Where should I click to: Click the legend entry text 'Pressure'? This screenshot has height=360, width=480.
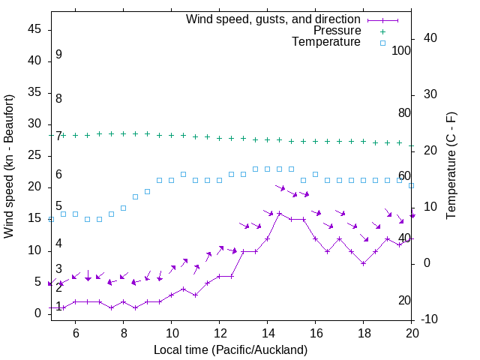(337, 31)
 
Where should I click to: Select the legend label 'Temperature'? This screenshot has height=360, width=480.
(326, 42)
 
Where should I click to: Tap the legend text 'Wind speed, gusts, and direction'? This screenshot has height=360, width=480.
(274, 19)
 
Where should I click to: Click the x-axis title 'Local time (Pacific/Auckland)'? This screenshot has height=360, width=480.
(230, 349)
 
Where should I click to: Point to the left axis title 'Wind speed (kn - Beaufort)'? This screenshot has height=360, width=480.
(9, 166)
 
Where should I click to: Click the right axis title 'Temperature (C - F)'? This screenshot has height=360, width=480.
(451, 166)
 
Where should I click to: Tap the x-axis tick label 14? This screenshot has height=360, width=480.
(267, 332)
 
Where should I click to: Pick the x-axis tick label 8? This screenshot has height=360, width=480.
(123, 332)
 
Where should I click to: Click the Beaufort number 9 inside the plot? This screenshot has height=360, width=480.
(58, 55)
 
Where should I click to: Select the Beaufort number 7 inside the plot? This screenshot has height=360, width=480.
(58, 136)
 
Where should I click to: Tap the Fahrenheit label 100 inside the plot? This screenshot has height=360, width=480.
(401, 50)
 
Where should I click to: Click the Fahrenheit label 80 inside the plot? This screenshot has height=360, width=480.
(404, 112)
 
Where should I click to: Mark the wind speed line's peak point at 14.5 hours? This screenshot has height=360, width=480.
(279, 213)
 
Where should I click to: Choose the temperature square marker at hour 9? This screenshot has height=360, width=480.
(147, 191)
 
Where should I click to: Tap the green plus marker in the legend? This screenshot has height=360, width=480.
(382, 31)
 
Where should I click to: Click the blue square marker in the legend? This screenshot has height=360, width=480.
(382, 43)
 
